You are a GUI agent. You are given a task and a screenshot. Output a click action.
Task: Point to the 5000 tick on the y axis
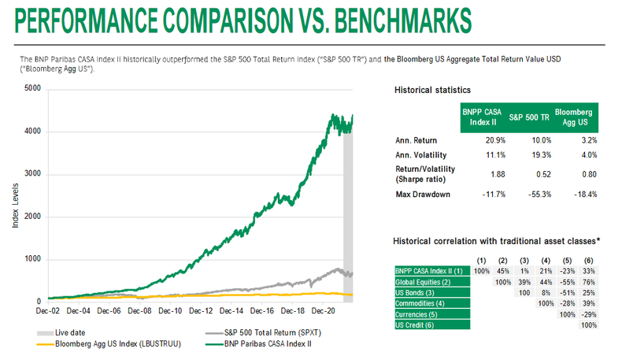click(31, 88)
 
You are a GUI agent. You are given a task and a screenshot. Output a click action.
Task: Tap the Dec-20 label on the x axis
click(324, 312)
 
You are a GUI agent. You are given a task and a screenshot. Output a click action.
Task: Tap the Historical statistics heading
click(432, 91)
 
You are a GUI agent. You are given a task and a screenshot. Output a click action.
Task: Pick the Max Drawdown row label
click(423, 195)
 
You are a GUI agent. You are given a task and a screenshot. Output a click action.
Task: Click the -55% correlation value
click(567, 281)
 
